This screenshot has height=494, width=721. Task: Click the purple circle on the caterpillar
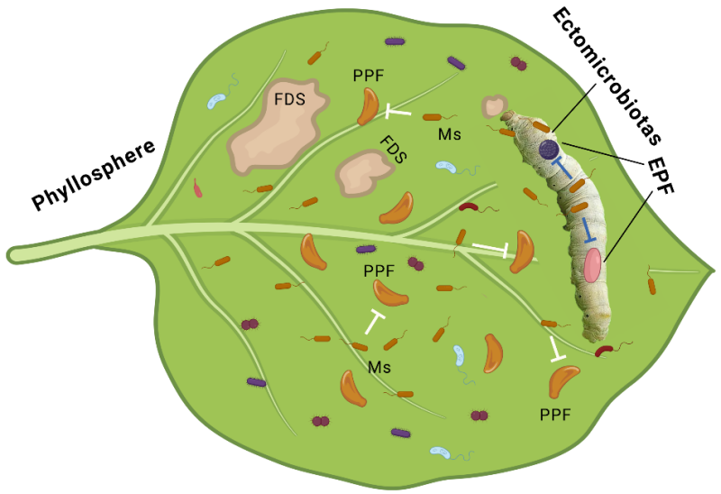[x=549, y=150]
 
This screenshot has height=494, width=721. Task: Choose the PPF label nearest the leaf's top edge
[x=369, y=77]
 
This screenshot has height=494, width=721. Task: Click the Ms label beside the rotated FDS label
[x=450, y=134]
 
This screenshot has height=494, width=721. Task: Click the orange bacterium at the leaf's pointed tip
[x=651, y=286]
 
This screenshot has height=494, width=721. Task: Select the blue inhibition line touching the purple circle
[x=562, y=166]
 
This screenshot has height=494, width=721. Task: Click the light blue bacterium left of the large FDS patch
[x=218, y=99]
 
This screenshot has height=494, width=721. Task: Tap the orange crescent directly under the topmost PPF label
[x=370, y=106]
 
